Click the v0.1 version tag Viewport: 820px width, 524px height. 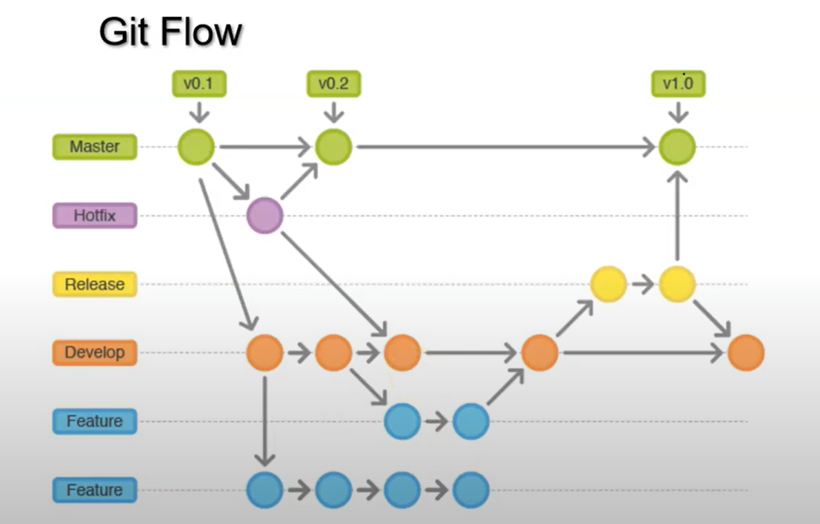[198, 84]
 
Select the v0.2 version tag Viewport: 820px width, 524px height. [333, 84]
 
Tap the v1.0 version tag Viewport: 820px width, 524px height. [678, 84]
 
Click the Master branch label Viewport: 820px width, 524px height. [95, 147]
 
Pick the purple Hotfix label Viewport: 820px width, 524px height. [95, 216]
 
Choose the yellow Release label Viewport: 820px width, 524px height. [95, 285]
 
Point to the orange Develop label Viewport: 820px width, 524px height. [95, 353]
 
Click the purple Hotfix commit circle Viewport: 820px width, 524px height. [264, 216]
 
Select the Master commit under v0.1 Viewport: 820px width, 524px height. [196, 147]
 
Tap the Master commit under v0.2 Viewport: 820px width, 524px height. [333, 147]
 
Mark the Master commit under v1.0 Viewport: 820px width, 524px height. [678, 147]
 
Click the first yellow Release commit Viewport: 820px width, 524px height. [609, 284]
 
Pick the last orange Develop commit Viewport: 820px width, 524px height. [746, 353]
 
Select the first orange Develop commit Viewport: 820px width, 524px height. [264, 353]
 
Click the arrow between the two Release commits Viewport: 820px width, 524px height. [643, 284]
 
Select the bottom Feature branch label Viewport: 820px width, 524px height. [95, 490]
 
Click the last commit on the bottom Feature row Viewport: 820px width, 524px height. [471, 490]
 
